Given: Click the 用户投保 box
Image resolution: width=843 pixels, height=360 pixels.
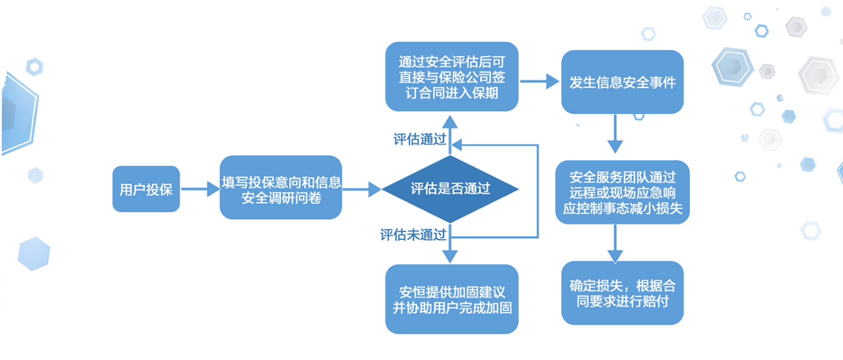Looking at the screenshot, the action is pos(146,189).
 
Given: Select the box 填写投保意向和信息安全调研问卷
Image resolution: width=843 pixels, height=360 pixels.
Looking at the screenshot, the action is pos(281,188).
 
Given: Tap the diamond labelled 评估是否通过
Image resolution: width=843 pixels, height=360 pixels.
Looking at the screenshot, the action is pos(450,189).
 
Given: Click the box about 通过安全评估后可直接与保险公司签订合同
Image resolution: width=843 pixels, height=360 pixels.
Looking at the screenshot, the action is pos(452,77).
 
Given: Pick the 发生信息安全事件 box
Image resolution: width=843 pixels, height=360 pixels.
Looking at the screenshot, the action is pos(622,82).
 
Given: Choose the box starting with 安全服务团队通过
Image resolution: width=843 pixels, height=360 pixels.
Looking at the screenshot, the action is pos(622,192).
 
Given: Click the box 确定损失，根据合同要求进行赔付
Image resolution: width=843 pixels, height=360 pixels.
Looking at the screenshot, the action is pos(622,293).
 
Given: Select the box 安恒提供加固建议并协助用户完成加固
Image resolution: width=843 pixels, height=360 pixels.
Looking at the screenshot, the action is pos(452,299).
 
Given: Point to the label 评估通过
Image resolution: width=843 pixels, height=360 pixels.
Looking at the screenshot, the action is pos(420,139).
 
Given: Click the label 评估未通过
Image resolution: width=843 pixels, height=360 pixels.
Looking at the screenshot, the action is pos(413,235).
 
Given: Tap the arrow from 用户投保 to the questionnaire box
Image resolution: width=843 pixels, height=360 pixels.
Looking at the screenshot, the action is pos(200,189).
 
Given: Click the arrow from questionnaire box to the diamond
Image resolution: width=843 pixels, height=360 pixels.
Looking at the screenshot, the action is pos(362,189).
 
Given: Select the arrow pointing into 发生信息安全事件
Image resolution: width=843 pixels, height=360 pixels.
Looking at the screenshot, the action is pos(540,81).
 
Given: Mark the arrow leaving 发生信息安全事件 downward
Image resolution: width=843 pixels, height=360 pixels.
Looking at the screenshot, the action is pos(615,133).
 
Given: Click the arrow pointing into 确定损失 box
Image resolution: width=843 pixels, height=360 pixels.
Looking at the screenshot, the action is pos(615,244).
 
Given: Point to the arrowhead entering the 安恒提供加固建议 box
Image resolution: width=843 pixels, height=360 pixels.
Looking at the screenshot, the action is pos(450,256).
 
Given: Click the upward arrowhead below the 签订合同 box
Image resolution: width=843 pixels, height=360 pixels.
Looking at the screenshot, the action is pos(450,122).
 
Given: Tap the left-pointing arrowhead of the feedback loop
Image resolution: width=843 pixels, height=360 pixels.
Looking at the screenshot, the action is pos(456,145).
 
